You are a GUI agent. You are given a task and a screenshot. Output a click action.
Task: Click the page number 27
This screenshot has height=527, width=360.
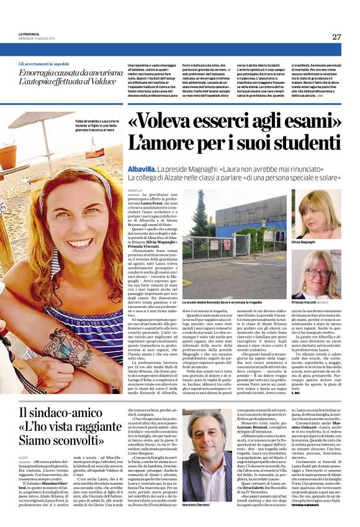tap(336, 37)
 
